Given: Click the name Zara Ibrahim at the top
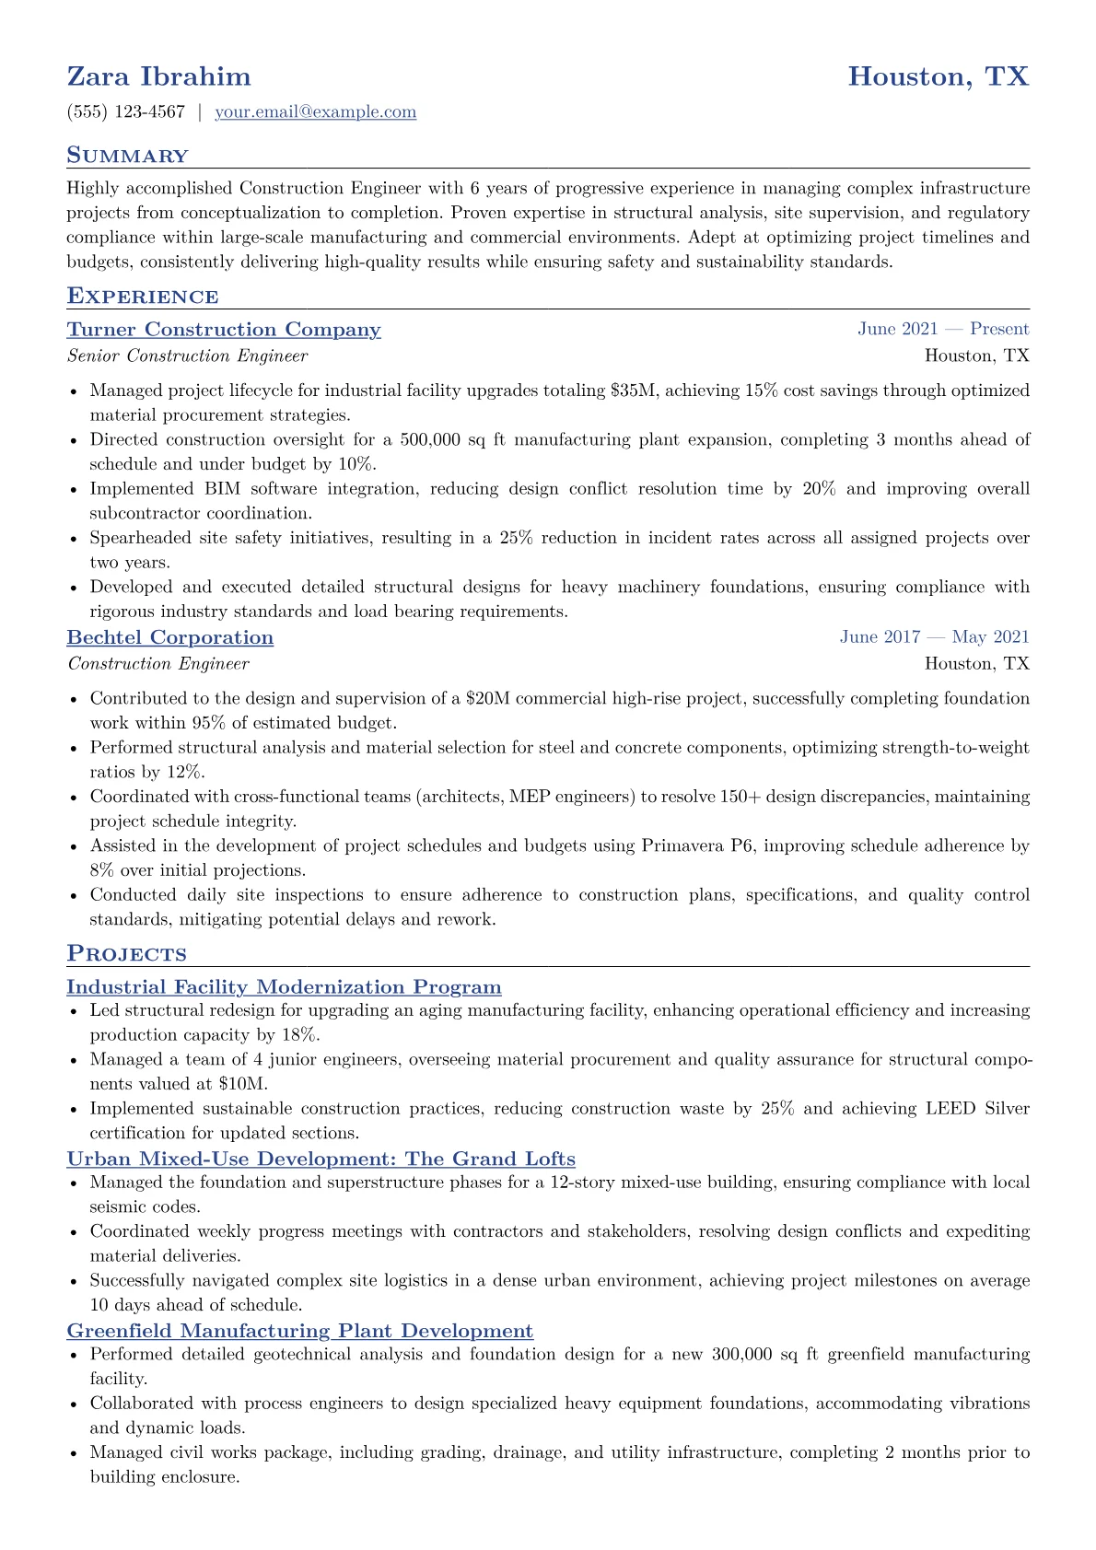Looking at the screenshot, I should (158, 76).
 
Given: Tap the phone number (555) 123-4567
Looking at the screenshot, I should (126, 112).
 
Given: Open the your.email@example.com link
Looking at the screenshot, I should (315, 112).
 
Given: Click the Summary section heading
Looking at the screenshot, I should (127, 156).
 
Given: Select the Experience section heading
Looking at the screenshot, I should (143, 297).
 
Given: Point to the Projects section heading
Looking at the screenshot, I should (126, 954).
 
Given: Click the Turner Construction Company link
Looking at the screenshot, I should (224, 330).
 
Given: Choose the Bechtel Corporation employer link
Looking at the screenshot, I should (170, 637).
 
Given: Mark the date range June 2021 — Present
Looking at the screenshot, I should (943, 330).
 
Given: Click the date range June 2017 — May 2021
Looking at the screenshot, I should (934, 637).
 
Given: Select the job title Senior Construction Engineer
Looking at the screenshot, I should (188, 356).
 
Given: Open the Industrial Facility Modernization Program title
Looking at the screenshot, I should (284, 987).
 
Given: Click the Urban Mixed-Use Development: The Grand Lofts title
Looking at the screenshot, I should (321, 1160).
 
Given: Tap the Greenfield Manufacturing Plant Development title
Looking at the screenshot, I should (300, 1331).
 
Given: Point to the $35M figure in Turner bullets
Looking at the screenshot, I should (634, 390).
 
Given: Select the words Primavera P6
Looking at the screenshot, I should (697, 845).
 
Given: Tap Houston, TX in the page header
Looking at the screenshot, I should (938, 76).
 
